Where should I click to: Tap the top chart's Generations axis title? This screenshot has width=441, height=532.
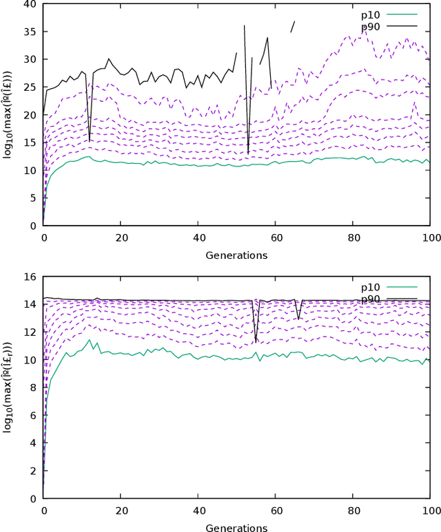[236, 255]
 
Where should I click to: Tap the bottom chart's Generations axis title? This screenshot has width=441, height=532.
[236, 528]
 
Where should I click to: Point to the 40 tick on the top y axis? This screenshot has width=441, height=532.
[30, 4]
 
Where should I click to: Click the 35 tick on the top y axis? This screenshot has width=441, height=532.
[30, 32]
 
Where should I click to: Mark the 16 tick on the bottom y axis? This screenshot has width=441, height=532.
[30, 277]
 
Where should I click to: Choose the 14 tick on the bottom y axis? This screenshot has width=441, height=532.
[30, 304]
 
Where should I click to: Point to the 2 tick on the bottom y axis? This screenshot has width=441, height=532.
[33, 471]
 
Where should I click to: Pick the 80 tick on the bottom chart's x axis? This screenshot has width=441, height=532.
[353, 511]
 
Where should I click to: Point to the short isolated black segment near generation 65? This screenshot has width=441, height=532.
[292, 26]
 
